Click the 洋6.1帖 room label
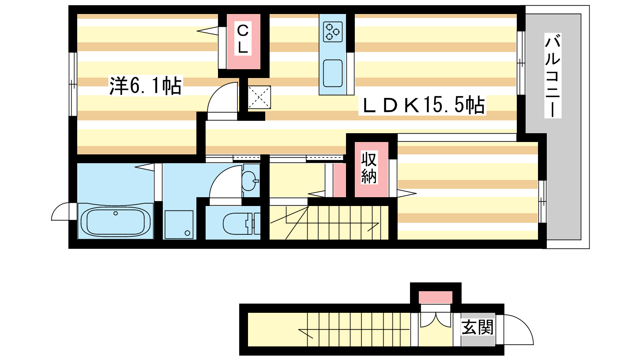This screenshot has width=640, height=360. click(x=146, y=86)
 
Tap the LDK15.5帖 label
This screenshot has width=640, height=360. click(x=422, y=105)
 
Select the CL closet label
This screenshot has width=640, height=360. click(x=243, y=39)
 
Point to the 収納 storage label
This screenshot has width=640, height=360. click(x=369, y=168)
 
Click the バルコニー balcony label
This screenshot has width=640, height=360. click(x=552, y=75)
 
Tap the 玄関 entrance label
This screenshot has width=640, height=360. click(x=478, y=327)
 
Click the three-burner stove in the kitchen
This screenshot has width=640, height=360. click(x=333, y=32)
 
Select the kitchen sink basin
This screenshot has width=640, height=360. click(x=333, y=73)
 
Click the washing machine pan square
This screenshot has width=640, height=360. click(x=179, y=224)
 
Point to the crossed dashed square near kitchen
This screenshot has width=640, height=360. click(x=259, y=97)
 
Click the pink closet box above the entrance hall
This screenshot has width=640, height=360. click(x=436, y=298)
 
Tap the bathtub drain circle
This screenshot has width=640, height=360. click(x=116, y=213)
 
